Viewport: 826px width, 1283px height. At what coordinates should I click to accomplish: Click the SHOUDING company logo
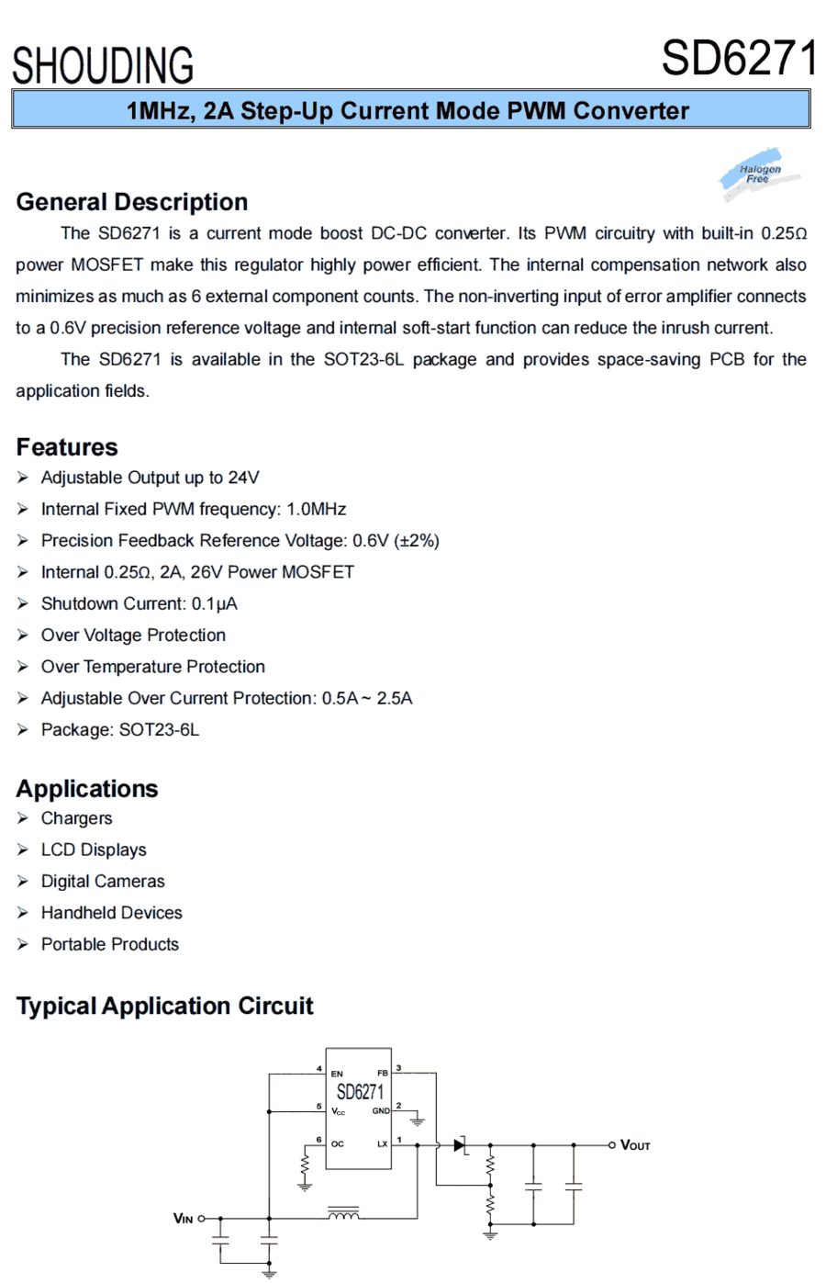click(x=103, y=65)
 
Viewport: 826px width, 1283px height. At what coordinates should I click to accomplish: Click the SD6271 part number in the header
click(x=738, y=59)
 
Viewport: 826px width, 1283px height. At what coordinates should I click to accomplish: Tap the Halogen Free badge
click(x=760, y=174)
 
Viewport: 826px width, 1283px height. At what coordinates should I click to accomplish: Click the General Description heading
click(x=132, y=202)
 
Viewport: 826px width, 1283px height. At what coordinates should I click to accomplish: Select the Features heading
click(x=67, y=447)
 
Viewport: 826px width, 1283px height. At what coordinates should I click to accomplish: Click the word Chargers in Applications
click(x=76, y=818)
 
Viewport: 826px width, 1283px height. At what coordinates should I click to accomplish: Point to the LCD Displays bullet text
click(x=94, y=850)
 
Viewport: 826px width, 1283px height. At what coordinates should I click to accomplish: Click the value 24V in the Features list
click(x=243, y=478)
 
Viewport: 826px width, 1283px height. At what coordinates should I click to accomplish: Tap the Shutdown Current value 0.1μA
click(x=214, y=603)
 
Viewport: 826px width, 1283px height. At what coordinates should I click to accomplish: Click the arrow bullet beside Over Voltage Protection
click(x=23, y=636)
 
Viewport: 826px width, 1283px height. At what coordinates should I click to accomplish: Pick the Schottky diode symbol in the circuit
click(x=461, y=1145)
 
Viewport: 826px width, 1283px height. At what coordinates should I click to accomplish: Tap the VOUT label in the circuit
click(x=635, y=1145)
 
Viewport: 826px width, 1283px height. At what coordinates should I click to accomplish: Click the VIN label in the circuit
click(x=184, y=1219)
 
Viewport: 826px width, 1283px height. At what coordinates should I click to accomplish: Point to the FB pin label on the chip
click(x=382, y=1073)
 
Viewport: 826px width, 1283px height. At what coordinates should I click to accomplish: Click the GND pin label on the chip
click(x=380, y=1111)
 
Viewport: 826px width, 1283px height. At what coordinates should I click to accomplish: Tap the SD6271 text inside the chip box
click(x=359, y=1092)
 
